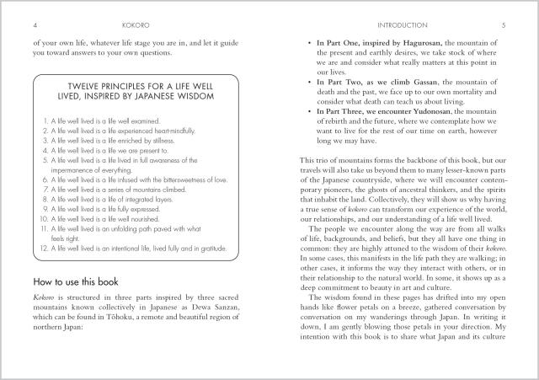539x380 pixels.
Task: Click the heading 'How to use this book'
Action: coord(78,280)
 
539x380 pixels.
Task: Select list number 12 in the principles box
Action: coord(44,249)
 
